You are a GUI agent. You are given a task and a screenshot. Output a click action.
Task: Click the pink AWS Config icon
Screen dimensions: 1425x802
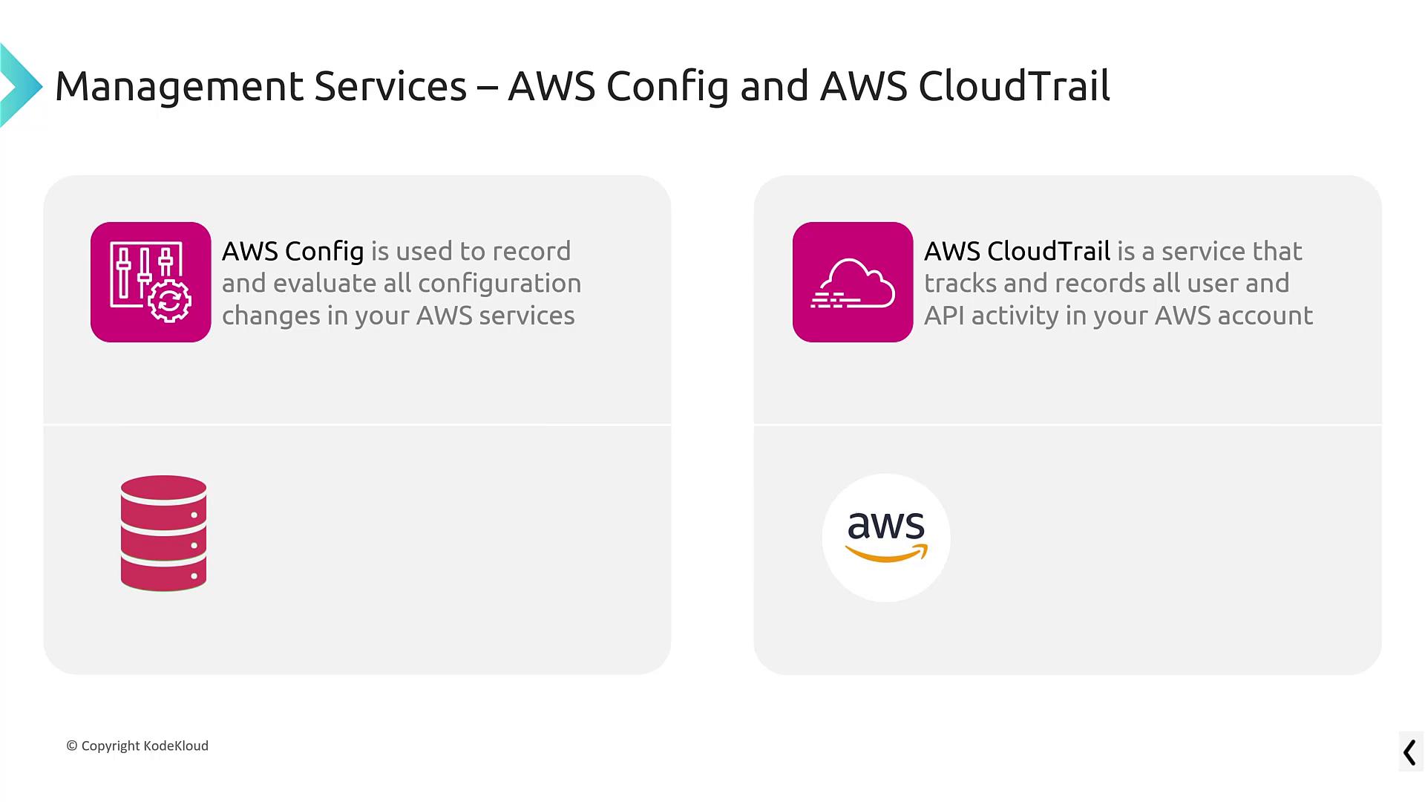[x=151, y=282]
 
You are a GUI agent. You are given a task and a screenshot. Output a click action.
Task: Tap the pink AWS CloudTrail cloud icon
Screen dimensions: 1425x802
[x=853, y=282]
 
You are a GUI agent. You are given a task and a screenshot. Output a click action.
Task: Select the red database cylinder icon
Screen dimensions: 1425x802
[x=163, y=533]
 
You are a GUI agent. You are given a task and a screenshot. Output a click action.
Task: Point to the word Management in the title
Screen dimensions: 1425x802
[x=179, y=87]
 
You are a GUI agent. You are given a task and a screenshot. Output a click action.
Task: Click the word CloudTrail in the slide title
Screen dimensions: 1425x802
[x=1014, y=85]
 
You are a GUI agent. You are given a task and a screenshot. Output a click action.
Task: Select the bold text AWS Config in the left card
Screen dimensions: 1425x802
[x=293, y=252]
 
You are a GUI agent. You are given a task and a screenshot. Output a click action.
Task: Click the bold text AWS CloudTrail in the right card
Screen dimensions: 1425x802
[x=1018, y=251]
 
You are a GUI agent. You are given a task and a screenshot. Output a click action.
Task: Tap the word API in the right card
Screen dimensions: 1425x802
[x=944, y=316]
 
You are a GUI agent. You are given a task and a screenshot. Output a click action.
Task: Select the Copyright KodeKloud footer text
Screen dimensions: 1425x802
[x=137, y=746]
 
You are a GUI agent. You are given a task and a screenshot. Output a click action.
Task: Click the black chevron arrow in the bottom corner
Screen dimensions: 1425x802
[x=1410, y=752]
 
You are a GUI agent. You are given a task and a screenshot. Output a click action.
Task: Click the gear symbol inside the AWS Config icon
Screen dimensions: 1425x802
[x=170, y=300]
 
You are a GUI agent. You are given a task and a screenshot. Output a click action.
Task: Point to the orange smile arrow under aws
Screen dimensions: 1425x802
[x=887, y=553]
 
